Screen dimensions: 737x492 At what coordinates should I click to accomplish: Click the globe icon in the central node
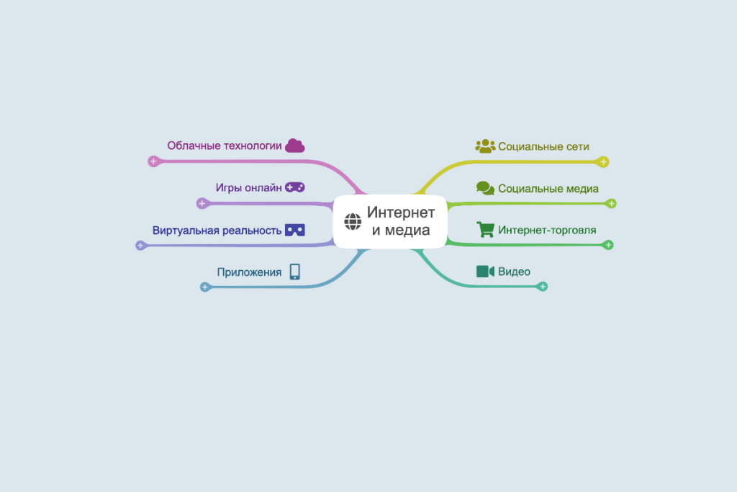click(x=353, y=222)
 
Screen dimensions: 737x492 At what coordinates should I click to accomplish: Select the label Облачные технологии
click(x=225, y=146)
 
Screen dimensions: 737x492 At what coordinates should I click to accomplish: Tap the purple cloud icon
click(x=295, y=146)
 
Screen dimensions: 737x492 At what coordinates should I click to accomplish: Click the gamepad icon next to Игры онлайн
click(x=295, y=187)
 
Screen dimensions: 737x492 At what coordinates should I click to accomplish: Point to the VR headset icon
click(x=295, y=230)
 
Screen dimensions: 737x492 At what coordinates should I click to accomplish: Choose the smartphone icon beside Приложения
click(x=294, y=272)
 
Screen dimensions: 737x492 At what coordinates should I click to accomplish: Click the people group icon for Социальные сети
click(x=485, y=146)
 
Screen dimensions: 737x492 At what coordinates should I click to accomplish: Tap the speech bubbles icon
click(x=485, y=188)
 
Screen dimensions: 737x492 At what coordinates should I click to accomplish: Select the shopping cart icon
click(x=485, y=230)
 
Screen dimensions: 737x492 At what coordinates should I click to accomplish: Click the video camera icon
click(x=485, y=272)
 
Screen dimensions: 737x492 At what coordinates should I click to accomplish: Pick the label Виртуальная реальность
click(x=217, y=231)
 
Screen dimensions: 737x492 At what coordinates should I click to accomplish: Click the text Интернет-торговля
click(x=547, y=230)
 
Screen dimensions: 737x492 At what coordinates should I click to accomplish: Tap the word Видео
click(x=514, y=272)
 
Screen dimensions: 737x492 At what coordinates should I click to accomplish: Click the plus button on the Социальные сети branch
click(x=603, y=162)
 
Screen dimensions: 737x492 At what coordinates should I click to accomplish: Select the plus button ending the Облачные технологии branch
click(x=154, y=161)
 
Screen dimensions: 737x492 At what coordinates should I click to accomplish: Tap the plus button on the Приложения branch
click(x=205, y=287)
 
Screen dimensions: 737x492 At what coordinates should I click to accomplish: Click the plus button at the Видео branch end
click(x=543, y=287)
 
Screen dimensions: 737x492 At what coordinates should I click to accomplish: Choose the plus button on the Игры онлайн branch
click(x=202, y=203)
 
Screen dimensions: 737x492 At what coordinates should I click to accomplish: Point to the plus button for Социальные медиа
click(x=611, y=204)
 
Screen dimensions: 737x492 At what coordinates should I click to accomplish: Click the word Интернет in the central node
click(x=401, y=213)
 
